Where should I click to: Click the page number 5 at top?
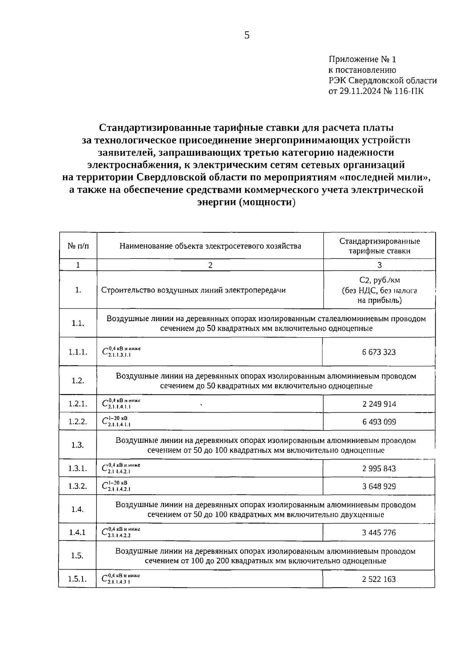tap(247, 35)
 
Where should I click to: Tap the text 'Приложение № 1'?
tap(362, 60)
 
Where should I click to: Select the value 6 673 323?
tap(379, 352)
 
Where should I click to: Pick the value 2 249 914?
tap(379, 404)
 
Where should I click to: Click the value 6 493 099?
tap(379, 422)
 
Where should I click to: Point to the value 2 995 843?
tap(379, 469)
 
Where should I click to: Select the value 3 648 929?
tap(379, 486)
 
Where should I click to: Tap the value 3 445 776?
tap(379, 533)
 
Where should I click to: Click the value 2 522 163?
tap(379, 579)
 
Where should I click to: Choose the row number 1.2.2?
tap(78, 422)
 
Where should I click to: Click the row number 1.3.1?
tap(78, 469)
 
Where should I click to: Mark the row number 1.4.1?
tap(77, 533)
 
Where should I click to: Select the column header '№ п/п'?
tap(78, 246)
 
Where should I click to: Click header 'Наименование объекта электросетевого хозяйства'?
tap(210, 246)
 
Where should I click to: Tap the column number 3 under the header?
tap(380, 265)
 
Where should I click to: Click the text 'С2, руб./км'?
tap(380, 280)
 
